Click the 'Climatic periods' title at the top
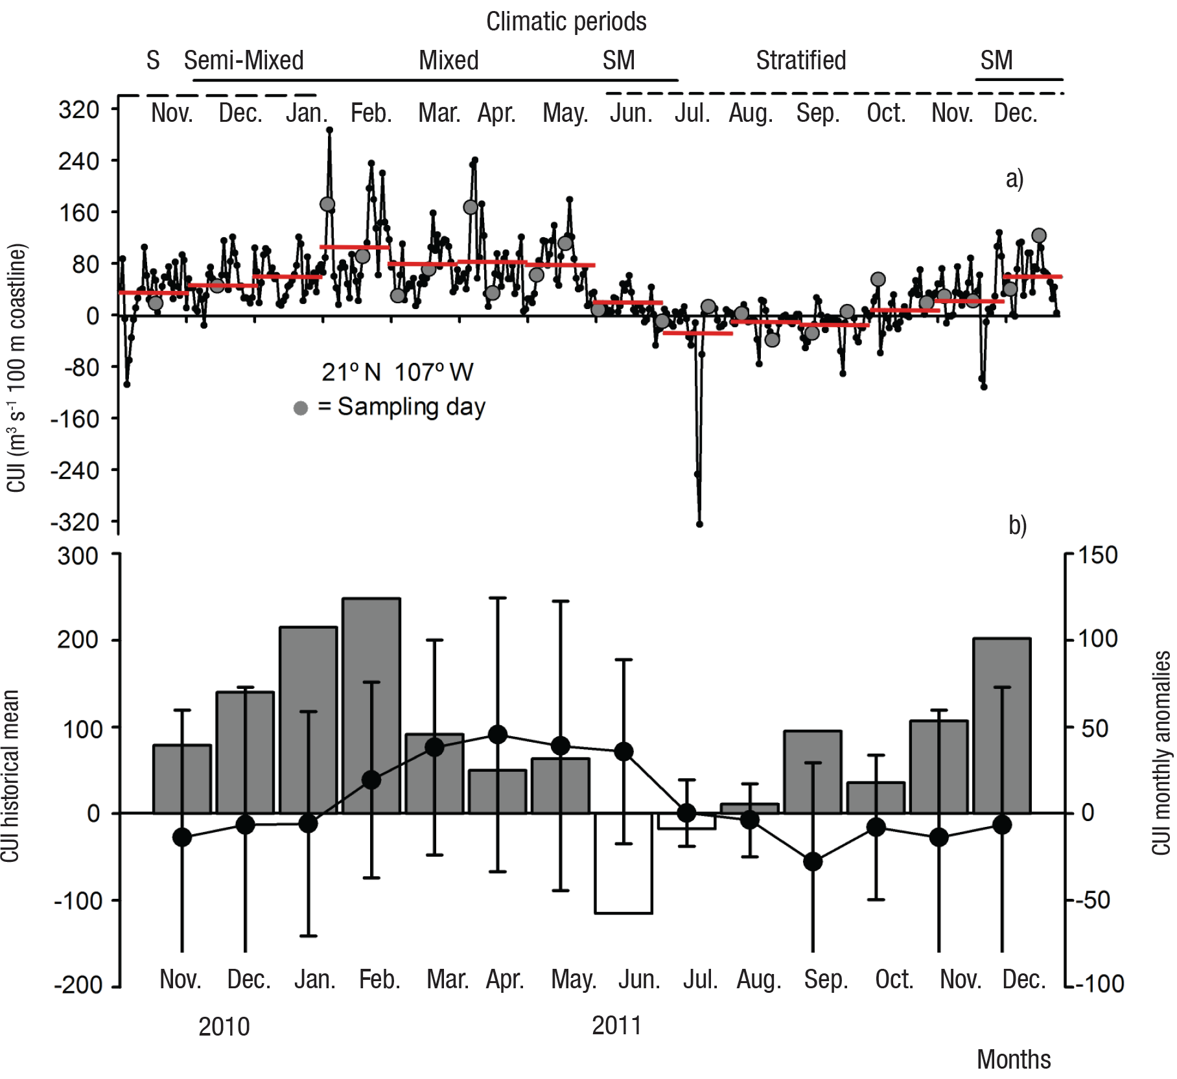[566, 22]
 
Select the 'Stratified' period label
[801, 61]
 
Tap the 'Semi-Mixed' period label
[244, 61]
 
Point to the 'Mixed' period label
[449, 61]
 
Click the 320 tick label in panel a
[79, 110]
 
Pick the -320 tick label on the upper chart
[75, 522]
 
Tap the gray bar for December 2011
[1002, 725]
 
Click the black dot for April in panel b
[498, 734]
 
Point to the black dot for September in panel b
[813, 862]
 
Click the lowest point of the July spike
[699, 524]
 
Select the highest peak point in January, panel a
[329, 130]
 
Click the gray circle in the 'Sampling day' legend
[301, 408]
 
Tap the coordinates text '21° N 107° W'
[397, 373]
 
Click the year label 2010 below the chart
[224, 1027]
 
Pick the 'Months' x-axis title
[1014, 1060]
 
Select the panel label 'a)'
[1014, 179]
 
